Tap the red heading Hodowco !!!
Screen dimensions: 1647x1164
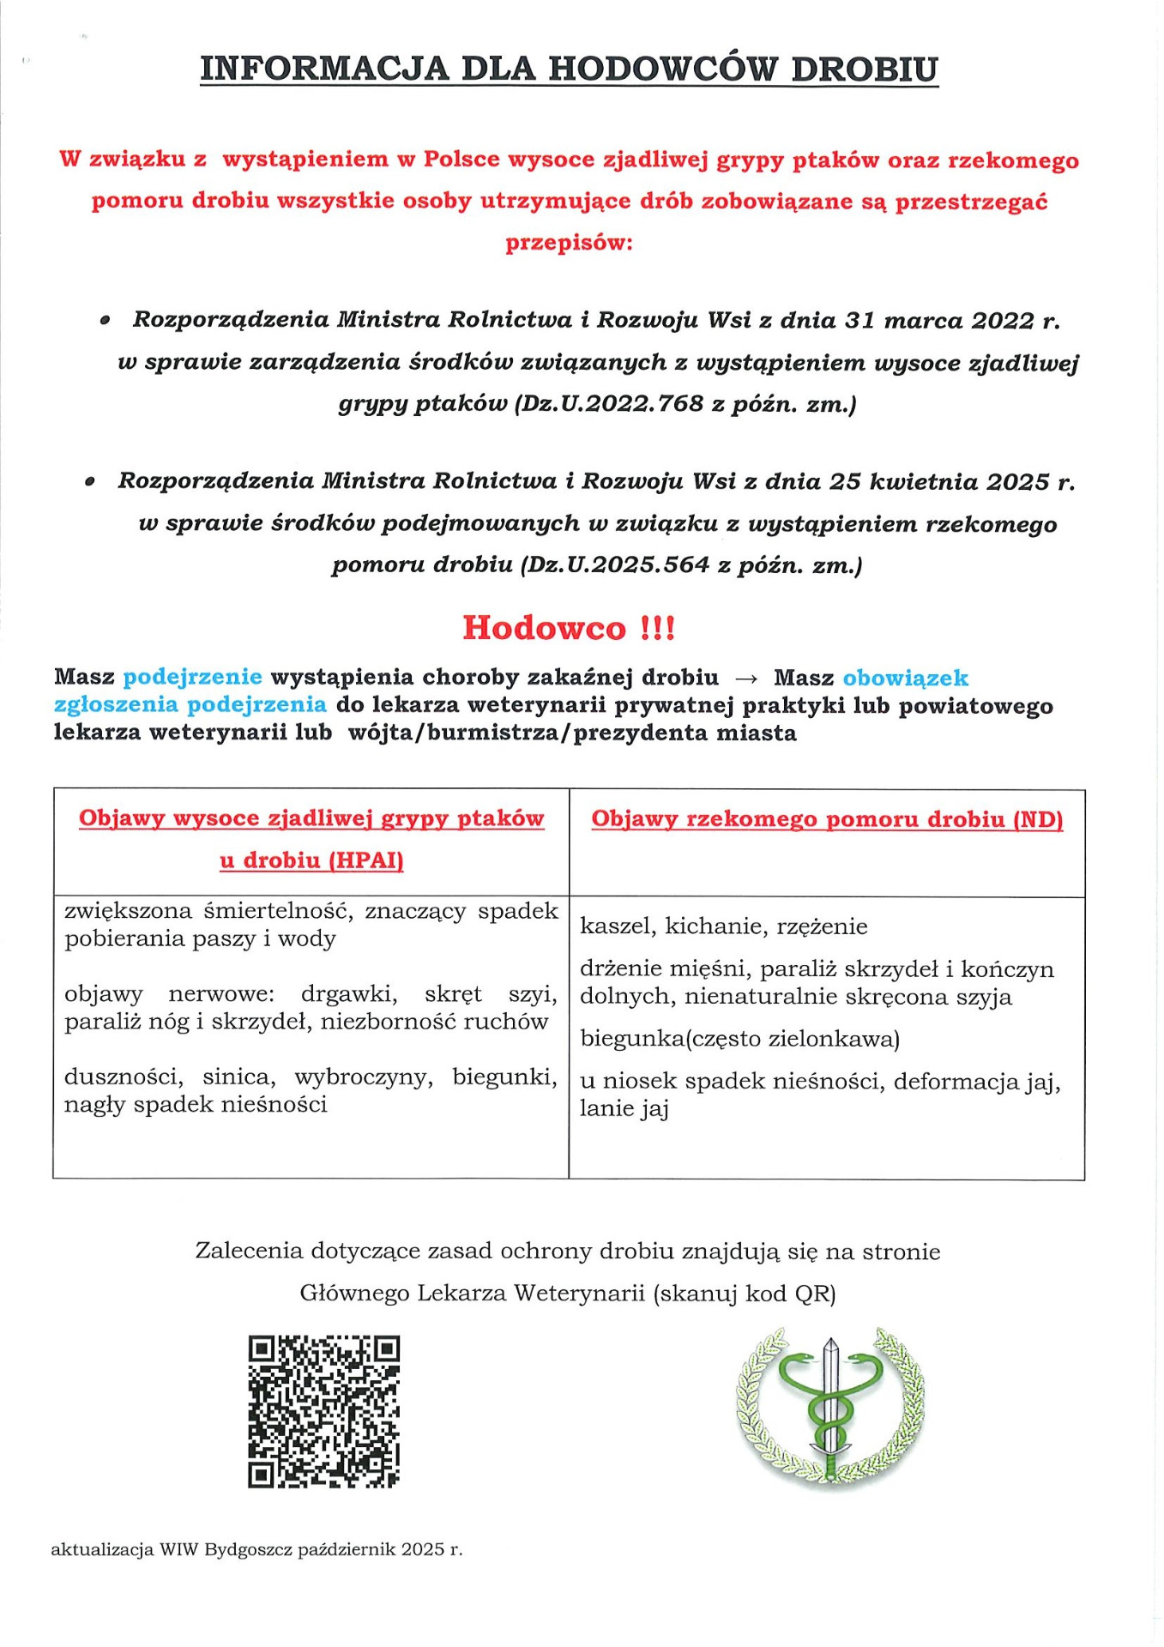569,628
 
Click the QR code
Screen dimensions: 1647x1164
323,1411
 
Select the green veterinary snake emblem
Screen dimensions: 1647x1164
829,1404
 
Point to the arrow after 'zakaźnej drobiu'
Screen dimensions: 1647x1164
746,679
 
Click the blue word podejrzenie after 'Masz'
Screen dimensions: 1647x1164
192,678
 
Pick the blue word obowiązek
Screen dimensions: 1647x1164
905,679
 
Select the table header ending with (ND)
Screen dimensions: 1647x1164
827,819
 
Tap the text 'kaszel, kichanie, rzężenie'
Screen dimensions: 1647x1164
723,926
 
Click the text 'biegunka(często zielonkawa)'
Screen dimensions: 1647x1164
739,1039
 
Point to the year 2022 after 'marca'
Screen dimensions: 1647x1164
1002,321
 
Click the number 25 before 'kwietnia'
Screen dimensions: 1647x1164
844,481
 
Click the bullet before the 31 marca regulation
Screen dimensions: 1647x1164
105,321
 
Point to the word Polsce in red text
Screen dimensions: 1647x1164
461,160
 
